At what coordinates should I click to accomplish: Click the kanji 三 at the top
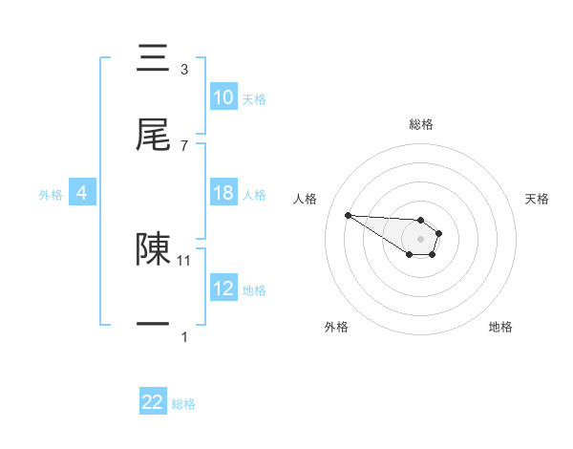[x=154, y=59]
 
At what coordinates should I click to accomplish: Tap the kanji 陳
[x=154, y=247]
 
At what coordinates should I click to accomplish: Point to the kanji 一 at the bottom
[x=154, y=324]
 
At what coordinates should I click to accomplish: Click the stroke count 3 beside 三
[x=184, y=69]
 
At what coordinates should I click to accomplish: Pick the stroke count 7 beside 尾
[x=184, y=145]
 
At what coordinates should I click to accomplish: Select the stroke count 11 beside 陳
[x=185, y=259]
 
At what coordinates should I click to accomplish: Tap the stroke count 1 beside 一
[x=184, y=336]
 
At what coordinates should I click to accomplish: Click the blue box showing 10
[x=223, y=97]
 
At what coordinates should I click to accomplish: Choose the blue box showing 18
[x=223, y=193]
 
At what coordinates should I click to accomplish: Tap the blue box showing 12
[x=223, y=289]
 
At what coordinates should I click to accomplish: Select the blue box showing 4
[x=81, y=193]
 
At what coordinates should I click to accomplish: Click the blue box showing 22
[x=153, y=403]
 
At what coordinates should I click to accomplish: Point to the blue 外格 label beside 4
[x=51, y=194]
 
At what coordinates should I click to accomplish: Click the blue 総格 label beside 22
[x=183, y=404]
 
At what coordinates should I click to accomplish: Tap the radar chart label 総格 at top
[x=421, y=124]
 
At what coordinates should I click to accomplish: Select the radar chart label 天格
[x=537, y=199]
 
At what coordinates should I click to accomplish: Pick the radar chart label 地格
[x=500, y=327]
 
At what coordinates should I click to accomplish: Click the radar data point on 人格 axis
[x=349, y=215]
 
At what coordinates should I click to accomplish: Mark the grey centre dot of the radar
[x=420, y=239]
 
